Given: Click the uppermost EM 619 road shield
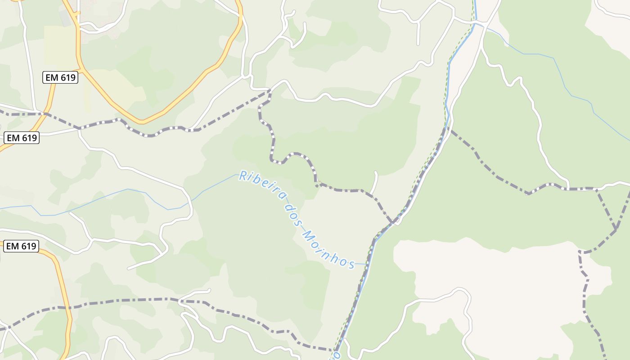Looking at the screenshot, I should [x=61, y=77].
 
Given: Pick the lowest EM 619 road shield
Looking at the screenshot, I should [x=21, y=246].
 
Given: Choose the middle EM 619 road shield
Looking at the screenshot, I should [x=22, y=138].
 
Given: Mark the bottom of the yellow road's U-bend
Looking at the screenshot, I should [x=142, y=121].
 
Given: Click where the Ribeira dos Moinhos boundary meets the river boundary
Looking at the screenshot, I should [x=393, y=222].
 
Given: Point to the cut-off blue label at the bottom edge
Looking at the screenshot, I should [x=336, y=355].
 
